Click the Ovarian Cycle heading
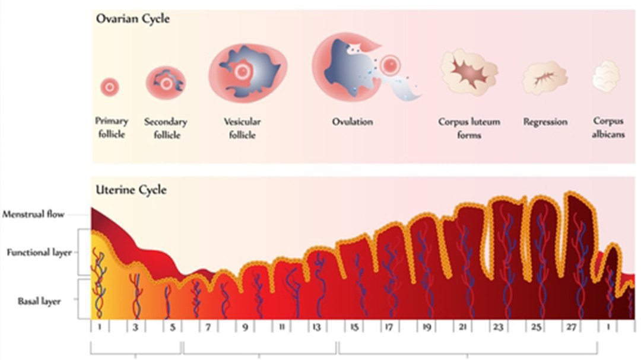coord(133,19)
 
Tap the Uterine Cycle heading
coord(131,190)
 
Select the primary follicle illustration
coord(110,88)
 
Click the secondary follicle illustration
coord(166,83)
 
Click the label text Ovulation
coord(353,122)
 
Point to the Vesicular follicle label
coord(242,128)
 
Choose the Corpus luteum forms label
coord(469,128)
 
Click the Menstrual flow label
coord(33,215)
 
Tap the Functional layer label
coord(39,253)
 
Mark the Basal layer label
coord(39,300)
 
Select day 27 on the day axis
coord(572,327)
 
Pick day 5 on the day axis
coord(172,327)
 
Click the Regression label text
coord(545,122)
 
